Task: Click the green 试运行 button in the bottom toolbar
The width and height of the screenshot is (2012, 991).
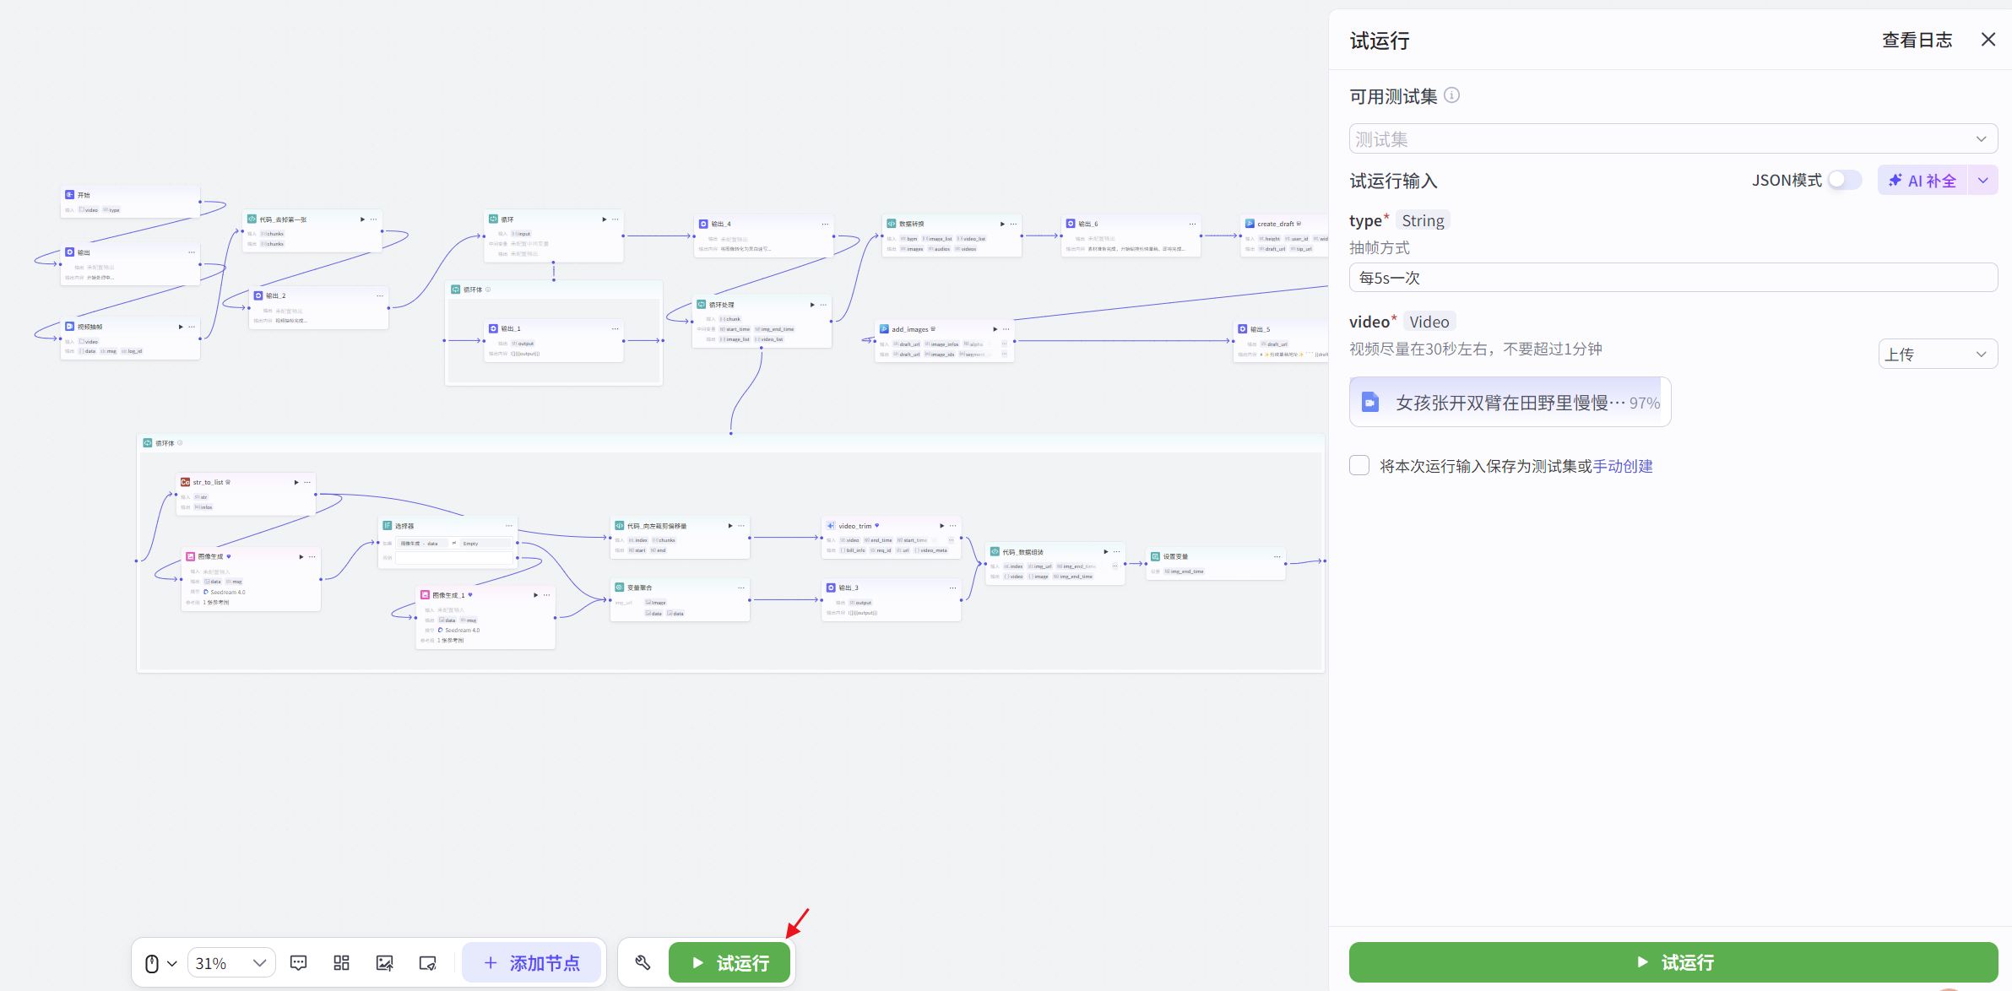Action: click(729, 962)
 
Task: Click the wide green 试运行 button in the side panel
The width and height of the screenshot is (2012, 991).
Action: click(1673, 962)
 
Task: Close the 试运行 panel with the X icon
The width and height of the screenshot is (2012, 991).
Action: click(1988, 40)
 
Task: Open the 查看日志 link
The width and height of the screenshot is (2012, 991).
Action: click(1917, 40)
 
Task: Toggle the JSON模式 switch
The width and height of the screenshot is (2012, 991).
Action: click(1845, 180)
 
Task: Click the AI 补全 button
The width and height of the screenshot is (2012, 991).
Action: click(1923, 181)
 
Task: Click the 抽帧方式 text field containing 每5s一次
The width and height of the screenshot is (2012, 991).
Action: click(1673, 278)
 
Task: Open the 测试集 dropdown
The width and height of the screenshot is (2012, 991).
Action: click(1673, 139)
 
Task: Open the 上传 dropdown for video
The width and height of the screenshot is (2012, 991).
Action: click(1937, 355)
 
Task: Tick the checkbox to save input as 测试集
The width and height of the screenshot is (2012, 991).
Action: click(1359, 465)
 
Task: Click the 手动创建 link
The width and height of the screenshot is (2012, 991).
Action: click(1623, 466)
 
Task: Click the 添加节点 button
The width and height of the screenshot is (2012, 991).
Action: click(532, 963)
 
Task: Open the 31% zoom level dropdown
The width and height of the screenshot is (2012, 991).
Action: click(230, 963)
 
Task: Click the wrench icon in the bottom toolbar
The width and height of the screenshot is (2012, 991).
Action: click(643, 963)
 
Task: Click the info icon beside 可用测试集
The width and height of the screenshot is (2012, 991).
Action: click(1451, 95)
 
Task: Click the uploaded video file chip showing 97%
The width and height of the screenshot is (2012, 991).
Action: click(1510, 403)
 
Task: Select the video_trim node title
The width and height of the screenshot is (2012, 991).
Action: click(854, 526)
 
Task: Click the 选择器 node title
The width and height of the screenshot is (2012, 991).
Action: click(404, 526)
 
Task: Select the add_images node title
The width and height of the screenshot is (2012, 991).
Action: click(909, 329)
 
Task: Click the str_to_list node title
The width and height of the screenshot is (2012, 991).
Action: click(208, 483)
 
